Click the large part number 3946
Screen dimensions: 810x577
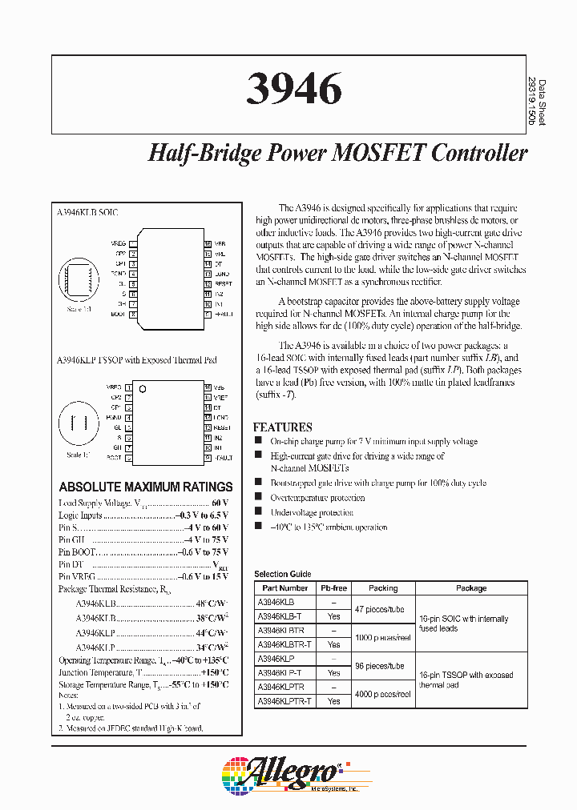click(x=293, y=90)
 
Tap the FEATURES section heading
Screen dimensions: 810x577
click(x=282, y=427)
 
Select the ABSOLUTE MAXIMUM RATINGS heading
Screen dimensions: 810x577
click(x=146, y=487)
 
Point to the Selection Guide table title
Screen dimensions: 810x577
click(x=282, y=575)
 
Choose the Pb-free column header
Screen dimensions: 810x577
click(x=333, y=588)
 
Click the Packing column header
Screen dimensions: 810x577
click(x=383, y=588)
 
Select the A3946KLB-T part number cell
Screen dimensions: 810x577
click(x=280, y=616)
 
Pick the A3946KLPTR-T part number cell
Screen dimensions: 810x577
click(x=284, y=701)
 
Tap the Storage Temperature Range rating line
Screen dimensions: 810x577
click(x=143, y=685)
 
